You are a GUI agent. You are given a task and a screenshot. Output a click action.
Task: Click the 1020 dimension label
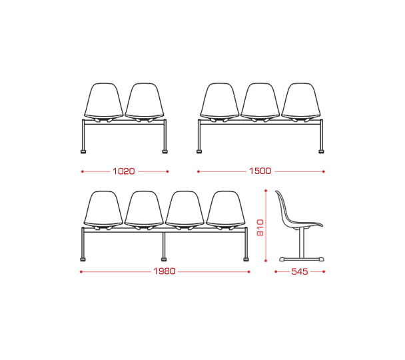point(124,171)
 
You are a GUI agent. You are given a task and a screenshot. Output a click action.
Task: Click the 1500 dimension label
point(260,171)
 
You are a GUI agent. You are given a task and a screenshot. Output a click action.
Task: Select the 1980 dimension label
point(165,271)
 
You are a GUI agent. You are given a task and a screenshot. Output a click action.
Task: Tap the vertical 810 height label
point(260,228)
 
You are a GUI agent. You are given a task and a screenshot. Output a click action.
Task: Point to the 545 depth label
point(300,271)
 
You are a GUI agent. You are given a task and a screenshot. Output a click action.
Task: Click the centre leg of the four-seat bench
point(164,245)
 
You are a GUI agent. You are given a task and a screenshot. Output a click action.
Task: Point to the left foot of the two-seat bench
point(83,152)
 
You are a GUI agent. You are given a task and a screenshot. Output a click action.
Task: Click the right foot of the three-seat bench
point(321,152)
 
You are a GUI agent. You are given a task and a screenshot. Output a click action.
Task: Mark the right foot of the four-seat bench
point(246,259)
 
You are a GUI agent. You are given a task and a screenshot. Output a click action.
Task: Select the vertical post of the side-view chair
point(302,243)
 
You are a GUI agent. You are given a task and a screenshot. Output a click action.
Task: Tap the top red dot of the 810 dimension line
point(266,191)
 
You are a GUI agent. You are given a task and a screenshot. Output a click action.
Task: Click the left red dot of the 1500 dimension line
point(199,171)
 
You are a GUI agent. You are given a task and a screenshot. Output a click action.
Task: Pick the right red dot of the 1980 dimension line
point(249,271)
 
